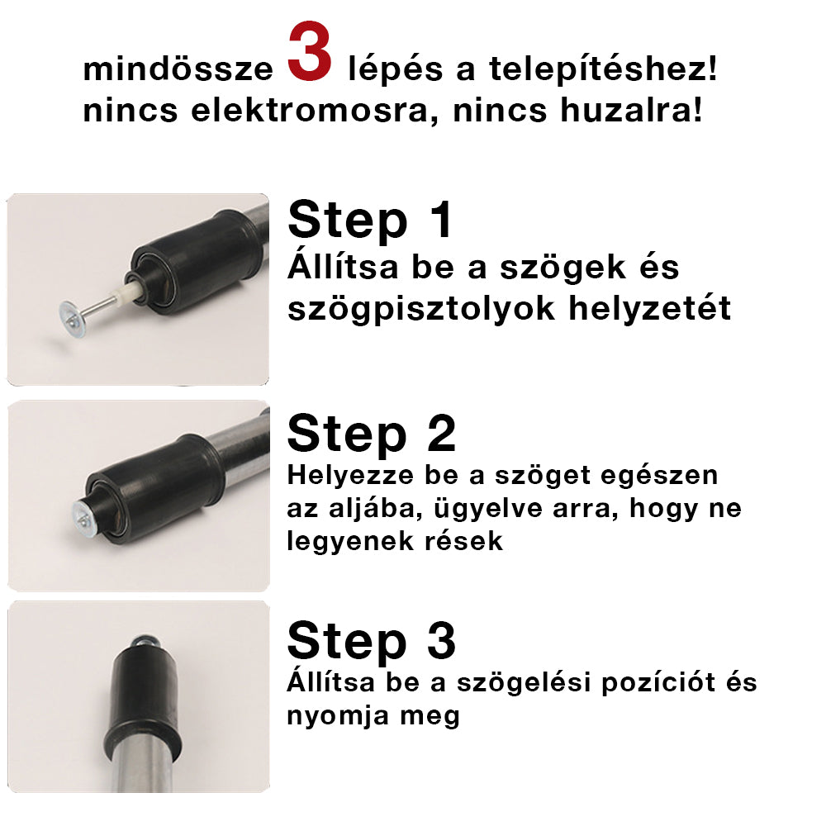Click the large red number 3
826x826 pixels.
pyautogui.click(x=310, y=55)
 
